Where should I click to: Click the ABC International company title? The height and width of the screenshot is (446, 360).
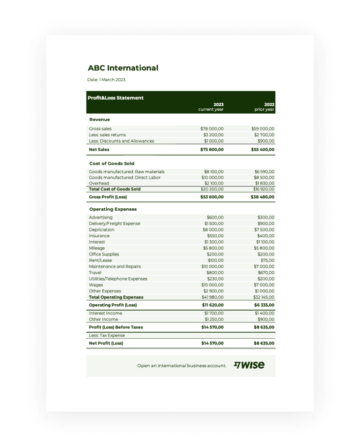(x=123, y=68)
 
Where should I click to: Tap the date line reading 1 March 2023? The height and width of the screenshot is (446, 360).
(x=106, y=80)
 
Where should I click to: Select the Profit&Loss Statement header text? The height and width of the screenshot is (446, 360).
(x=116, y=98)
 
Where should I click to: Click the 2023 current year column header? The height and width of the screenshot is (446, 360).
(x=211, y=107)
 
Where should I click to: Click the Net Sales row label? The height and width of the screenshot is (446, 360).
(x=99, y=150)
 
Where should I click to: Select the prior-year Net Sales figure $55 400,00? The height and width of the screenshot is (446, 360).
(x=263, y=150)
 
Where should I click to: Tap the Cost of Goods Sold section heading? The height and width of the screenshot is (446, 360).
(x=112, y=163)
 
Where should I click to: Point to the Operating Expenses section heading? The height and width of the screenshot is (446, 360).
(x=113, y=209)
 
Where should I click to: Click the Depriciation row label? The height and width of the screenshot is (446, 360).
(x=101, y=230)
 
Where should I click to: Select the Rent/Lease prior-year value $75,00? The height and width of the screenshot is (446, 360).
(x=268, y=260)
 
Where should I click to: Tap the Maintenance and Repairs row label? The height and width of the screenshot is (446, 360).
(x=115, y=267)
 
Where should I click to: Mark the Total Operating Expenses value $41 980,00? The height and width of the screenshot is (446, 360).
(x=212, y=297)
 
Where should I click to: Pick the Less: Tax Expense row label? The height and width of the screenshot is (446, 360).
(x=107, y=336)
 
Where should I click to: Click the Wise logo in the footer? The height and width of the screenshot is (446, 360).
(x=249, y=365)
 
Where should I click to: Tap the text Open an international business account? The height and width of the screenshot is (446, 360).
(x=182, y=366)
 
